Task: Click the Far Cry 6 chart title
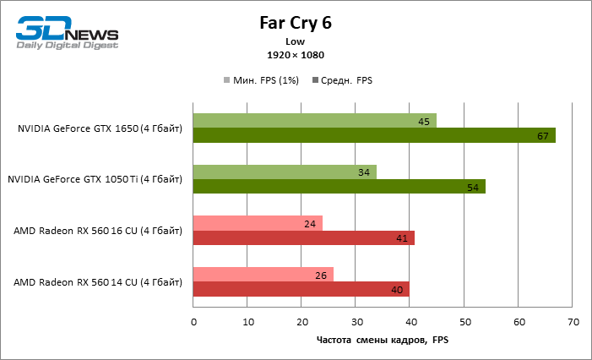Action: (296, 22)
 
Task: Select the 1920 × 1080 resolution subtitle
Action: (296, 55)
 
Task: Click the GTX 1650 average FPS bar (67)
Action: (374, 135)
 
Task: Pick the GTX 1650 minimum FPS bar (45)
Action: (314, 121)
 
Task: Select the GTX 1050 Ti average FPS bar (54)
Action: (339, 187)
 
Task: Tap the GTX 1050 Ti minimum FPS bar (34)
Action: (285, 172)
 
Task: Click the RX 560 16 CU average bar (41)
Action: (303, 238)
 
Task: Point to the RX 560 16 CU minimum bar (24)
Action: (258, 224)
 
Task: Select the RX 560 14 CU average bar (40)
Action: (301, 289)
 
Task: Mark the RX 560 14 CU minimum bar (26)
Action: (263, 275)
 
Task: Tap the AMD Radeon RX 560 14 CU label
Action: (98, 281)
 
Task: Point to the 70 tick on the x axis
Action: (573, 322)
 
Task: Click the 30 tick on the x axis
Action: (356, 322)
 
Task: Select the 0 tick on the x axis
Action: (193, 322)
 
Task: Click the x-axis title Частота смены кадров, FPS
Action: (383, 340)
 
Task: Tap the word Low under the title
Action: (296, 41)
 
